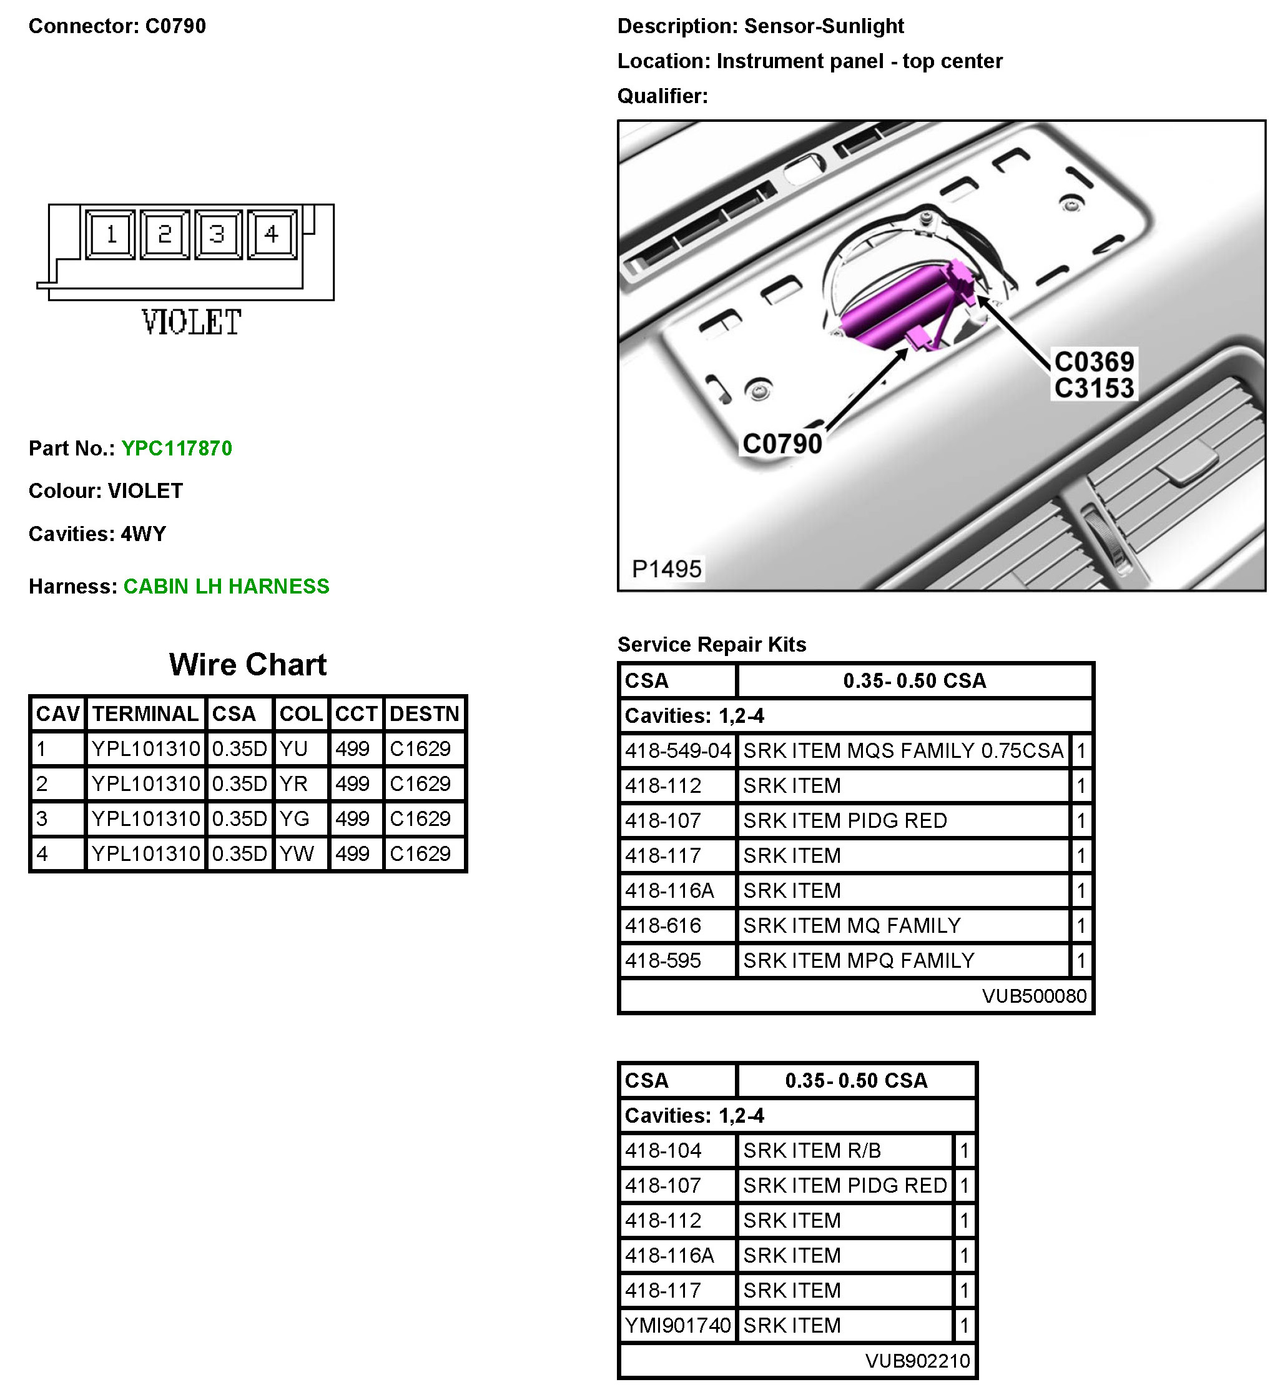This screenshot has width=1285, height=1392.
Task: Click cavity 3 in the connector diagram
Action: (x=218, y=234)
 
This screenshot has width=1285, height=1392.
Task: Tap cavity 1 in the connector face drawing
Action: (x=111, y=234)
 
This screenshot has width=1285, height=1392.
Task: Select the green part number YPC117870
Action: (x=177, y=449)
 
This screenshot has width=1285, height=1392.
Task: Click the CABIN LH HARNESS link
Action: (x=226, y=587)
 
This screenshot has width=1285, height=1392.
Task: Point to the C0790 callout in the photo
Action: (x=782, y=444)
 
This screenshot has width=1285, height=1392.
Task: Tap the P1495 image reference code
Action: (x=667, y=569)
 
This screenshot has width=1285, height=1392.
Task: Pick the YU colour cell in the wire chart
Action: (x=293, y=748)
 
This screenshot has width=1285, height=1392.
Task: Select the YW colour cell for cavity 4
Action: (x=297, y=853)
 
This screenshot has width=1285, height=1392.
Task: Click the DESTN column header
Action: (x=424, y=713)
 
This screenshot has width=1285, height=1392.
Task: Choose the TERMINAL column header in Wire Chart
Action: (x=145, y=713)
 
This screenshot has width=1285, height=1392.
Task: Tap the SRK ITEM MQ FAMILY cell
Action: (x=852, y=925)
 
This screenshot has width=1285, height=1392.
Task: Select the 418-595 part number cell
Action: (x=663, y=961)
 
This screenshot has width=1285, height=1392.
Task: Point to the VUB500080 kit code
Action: (x=1034, y=996)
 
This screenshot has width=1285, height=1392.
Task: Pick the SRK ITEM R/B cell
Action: (x=812, y=1151)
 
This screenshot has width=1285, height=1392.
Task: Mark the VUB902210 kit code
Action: (x=917, y=1361)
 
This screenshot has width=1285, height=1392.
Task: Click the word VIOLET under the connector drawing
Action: (x=191, y=323)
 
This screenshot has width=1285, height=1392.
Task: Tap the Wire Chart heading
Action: (x=247, y=665)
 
